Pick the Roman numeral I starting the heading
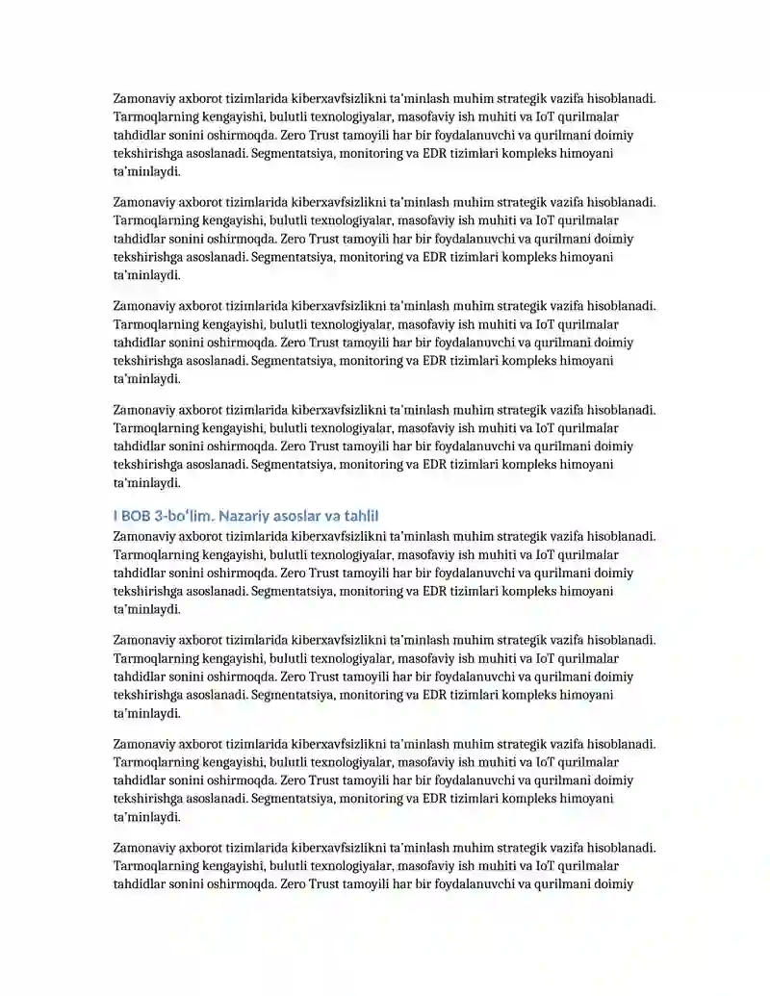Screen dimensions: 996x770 [115, 517]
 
